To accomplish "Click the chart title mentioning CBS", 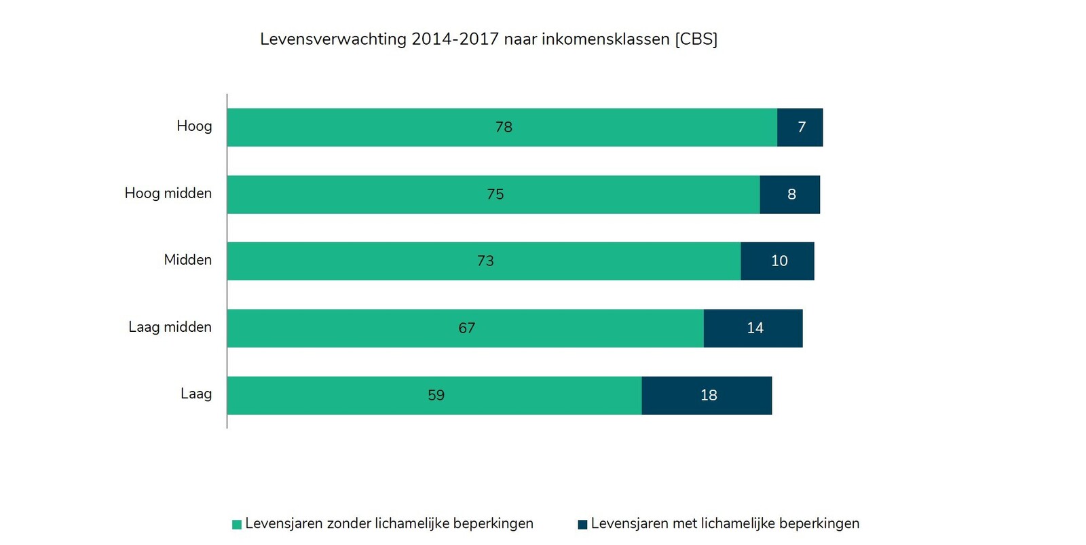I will tap(488, 39).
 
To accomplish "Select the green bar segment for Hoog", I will tap(502, 127).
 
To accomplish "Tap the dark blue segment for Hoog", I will tap(800, 127).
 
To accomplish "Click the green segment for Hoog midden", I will tap(493, 194).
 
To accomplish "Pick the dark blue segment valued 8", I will tap(789, 194).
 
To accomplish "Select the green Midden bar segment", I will tap(483, 261).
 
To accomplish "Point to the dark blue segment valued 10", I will tap(777, 261).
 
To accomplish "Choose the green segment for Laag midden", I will tap(465, 328).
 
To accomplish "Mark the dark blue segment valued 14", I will tap(753, 328).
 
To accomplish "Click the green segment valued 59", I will tap(434, 395).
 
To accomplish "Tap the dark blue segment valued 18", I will tap(707, 395).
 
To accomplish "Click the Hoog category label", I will tap(194, 126).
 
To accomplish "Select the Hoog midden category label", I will tap(168, 193).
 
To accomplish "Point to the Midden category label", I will tap(188, 260).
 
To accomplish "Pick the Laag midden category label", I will tap(170, 327).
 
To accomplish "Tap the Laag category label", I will tap(196, 394).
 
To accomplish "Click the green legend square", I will tap(237, 525).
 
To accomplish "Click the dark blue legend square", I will tap(582, 525).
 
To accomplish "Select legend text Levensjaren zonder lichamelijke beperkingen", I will tap(389, 524).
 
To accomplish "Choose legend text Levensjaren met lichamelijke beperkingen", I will tap(725, 524).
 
